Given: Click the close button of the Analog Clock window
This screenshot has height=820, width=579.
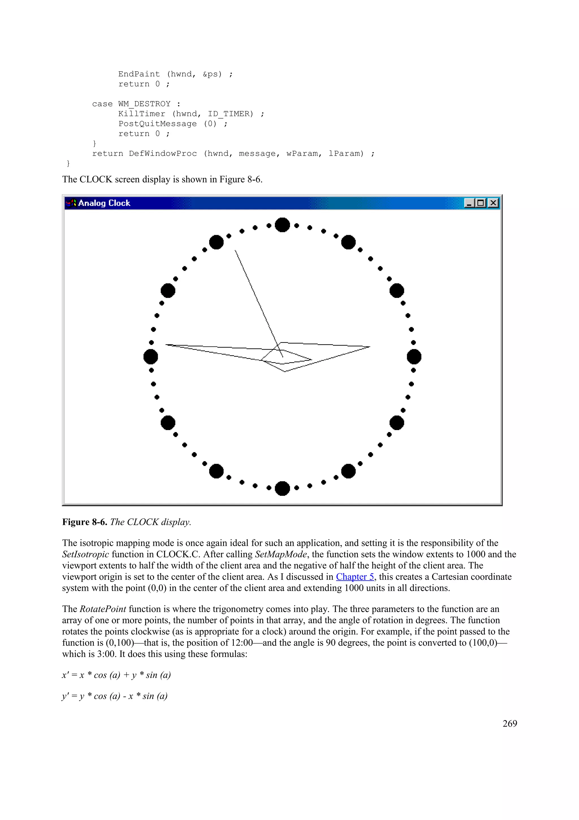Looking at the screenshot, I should coord(493,203).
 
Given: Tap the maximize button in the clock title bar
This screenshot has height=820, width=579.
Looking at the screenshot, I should coord(481,203).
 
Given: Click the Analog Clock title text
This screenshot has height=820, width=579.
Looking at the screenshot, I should coord(104,203).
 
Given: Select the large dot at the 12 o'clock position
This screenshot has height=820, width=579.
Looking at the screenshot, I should coord(282,225).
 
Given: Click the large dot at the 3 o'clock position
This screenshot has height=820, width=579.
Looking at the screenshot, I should coord(414,357).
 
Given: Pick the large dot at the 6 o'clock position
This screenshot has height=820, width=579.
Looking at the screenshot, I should coord(282,488).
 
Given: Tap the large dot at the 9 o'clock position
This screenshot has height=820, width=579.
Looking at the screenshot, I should coord(151,357).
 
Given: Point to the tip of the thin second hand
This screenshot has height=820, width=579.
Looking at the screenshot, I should coord(235,251).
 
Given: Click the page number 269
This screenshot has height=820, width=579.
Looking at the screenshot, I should coord(509,723).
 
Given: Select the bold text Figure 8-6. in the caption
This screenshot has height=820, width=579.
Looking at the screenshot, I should coord(85,522).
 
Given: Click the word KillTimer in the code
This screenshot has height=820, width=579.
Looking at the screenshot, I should coord(142,113).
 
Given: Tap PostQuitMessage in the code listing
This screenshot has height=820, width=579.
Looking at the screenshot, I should coord(157,124).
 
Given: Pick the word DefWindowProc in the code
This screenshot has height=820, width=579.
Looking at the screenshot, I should coord(163,154).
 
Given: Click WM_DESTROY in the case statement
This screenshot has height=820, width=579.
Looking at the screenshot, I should coord(144,104).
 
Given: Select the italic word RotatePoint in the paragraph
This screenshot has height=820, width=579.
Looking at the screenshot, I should coord(103,609).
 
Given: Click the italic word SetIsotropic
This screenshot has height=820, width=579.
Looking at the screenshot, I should coord(85,554).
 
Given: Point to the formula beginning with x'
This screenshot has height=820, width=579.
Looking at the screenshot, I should coord(116,675).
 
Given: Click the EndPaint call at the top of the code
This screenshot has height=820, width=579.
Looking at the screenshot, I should coord(139,74).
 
